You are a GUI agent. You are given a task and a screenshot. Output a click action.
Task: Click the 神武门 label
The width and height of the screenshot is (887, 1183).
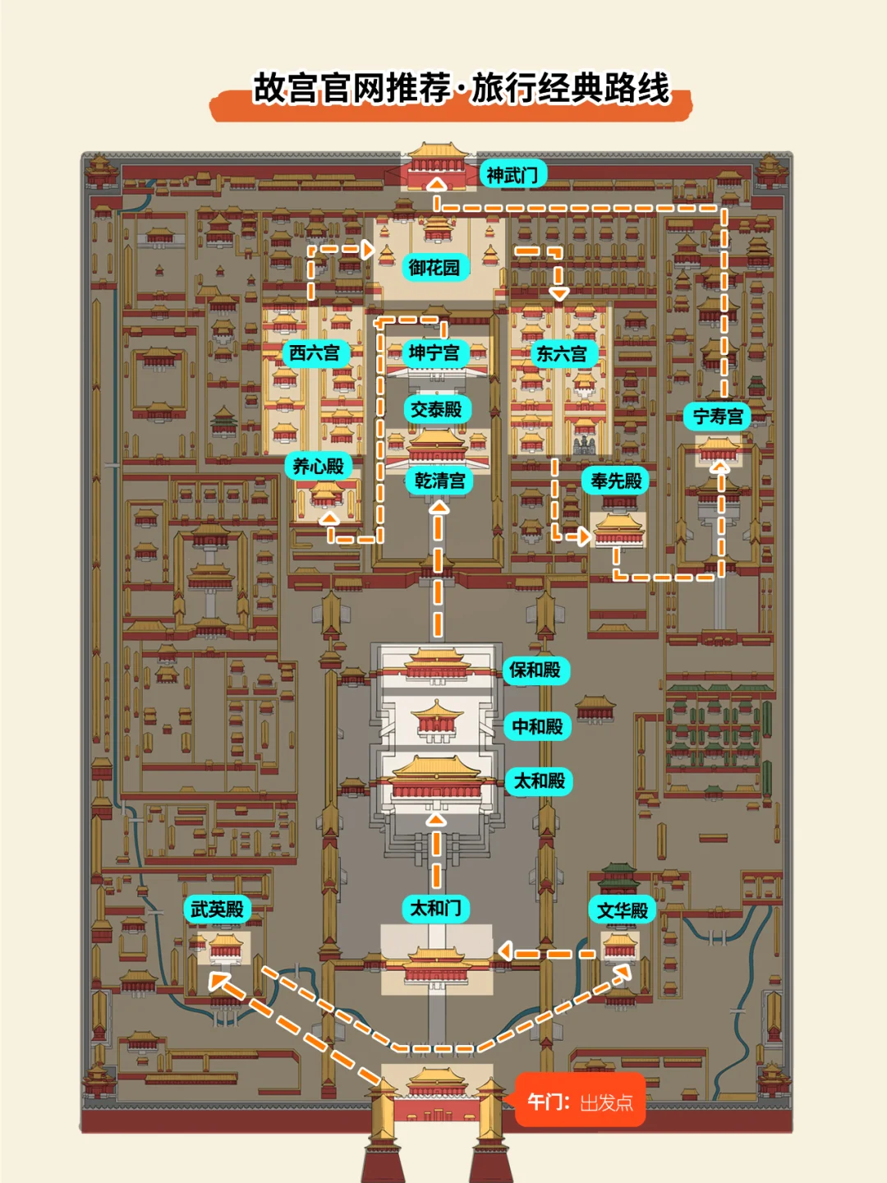(512, 175)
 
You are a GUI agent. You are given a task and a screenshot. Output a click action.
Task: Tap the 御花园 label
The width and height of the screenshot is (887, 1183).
(434, 268)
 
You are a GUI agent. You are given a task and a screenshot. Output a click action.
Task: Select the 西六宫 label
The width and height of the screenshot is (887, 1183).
(315, 353)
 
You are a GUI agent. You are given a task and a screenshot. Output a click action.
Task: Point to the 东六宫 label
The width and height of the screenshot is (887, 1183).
(562, 354)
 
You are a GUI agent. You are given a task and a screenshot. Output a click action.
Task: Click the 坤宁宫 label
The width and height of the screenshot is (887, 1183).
(434, 353)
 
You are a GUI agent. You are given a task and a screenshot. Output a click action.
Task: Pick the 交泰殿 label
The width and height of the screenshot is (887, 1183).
(436, 409)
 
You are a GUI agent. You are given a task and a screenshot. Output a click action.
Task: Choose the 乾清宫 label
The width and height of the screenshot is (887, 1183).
(439, 481)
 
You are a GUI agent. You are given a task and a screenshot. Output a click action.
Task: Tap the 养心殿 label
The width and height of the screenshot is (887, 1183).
(319, 467)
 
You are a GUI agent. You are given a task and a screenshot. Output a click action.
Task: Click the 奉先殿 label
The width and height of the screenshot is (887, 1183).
(616, 481)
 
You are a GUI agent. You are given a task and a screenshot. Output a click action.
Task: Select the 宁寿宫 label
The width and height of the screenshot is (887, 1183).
(718, 417)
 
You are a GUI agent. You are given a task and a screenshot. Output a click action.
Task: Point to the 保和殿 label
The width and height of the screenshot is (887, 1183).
(535, 670)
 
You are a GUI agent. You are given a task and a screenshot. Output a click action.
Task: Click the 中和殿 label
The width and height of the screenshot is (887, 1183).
(537, 726)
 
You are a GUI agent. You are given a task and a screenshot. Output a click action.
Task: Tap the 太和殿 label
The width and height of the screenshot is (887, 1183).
(540, 781)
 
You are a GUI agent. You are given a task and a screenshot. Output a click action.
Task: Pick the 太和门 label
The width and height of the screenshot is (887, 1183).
(436, 908)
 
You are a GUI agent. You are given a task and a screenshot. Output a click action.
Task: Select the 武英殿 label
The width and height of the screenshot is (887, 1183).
(217, 909)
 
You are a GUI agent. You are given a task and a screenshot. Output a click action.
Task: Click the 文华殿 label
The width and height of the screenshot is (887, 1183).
(623, 910)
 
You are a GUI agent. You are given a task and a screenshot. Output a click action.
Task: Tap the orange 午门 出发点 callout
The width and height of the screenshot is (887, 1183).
(580, 1102)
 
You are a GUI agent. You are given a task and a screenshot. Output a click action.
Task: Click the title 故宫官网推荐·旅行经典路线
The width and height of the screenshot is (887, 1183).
(461, 89)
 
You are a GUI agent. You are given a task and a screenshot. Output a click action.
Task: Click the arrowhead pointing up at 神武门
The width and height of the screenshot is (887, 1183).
(437, 184)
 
